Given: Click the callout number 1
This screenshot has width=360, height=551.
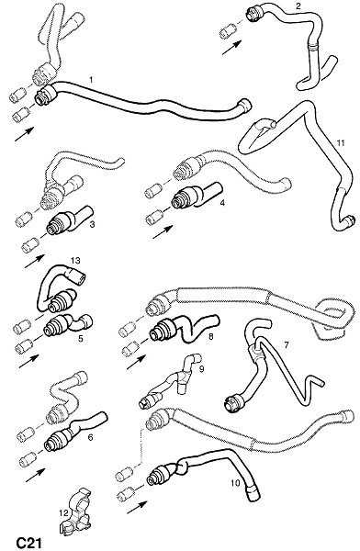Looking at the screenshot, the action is click(91, 80).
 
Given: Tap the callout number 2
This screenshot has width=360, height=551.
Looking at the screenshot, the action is click(298, 6).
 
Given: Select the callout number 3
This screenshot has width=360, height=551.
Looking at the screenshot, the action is click(92, 224).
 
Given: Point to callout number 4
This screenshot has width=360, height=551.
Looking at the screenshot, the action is click(222, 203).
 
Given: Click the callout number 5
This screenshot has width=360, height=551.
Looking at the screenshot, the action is click(81, 338).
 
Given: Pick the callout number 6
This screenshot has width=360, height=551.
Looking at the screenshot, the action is click(90, 437).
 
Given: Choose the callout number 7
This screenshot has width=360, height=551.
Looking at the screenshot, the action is click(287, 345).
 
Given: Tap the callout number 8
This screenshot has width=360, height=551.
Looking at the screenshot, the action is click(210, 337).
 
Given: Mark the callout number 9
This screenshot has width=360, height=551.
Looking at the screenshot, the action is click(201, 368).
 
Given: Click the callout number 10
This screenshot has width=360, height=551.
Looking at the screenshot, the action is click(235, 483).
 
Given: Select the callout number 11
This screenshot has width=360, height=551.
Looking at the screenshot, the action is click(341, 143).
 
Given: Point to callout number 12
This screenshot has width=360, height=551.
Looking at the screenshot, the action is click(63, 513).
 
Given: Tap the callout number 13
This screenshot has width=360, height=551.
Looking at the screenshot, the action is click(75, 261).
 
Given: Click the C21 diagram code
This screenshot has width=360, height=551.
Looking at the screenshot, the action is click(29, 543).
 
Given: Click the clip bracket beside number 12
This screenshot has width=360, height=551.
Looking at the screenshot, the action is click(77, 512).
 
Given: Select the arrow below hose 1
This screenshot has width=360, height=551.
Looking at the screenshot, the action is click(24, 134).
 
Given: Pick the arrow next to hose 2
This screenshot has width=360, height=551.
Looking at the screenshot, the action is click(232, 48).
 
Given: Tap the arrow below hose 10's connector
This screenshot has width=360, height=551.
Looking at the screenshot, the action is click(137, 508).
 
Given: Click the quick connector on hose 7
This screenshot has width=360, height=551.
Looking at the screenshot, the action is click(233, 403).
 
